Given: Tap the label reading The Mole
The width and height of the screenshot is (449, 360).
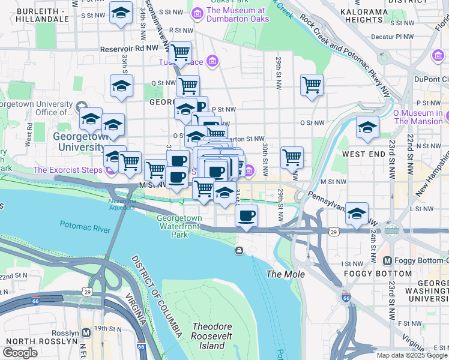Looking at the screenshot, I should [286, 274].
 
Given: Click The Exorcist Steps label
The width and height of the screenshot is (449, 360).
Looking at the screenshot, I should [67, 170].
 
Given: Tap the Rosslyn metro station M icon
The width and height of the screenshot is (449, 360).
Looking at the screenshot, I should [86, 332].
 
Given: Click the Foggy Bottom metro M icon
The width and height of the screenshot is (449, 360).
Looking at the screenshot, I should [387, 261].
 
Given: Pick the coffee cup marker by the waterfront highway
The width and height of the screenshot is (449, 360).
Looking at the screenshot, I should [246, 215].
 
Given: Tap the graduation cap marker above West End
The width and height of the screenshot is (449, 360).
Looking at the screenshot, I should [367, 128].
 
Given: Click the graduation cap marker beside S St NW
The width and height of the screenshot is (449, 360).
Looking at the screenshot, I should [121, 13].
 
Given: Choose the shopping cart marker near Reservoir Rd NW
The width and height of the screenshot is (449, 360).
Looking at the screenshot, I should [180, 53].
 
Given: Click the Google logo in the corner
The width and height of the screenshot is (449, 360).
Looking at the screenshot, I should [21, 353].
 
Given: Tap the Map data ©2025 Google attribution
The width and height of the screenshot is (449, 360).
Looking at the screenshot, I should [412, 355].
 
